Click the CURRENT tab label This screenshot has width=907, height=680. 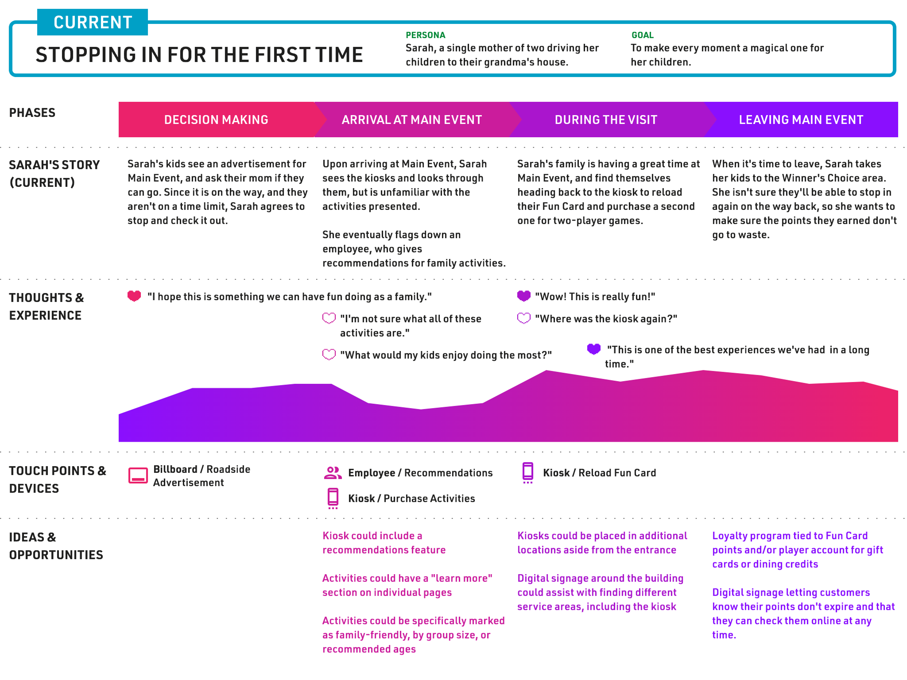click(93, 22)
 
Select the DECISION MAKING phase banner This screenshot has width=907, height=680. click(217, 120)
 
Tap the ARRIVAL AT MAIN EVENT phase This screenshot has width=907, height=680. click(412, 120)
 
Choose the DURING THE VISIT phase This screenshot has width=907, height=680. click(606, 120)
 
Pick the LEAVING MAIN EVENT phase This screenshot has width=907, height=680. click(801, 120)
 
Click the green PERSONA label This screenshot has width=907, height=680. click(426, 35)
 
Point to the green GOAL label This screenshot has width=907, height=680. click(643, 35)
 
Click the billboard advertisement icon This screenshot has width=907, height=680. click(138, 475)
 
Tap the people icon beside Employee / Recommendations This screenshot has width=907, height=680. click(333, 473)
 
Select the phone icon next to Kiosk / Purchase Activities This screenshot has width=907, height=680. click(333, 498)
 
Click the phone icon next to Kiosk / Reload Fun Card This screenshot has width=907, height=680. click(528, 473)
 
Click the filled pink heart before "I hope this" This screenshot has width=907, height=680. click(134, 296)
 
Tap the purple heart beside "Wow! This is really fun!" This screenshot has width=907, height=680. click(524, 296)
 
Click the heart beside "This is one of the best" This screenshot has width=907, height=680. click(594, 349)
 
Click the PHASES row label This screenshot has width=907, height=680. click(32, 112)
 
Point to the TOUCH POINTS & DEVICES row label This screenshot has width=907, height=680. click(58, 479)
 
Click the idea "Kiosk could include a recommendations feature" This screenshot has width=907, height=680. click(384, 543)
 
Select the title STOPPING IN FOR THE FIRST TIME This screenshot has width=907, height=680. click(199, 54)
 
